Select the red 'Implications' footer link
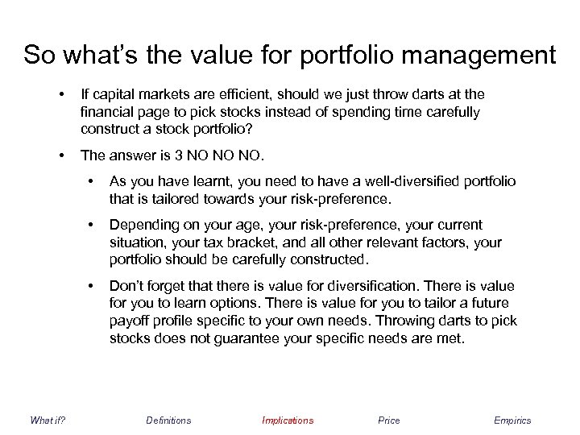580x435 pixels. tap(288, 420)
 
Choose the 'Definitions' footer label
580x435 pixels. tap(168, 420)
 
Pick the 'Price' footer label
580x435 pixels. tap(388, 420)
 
